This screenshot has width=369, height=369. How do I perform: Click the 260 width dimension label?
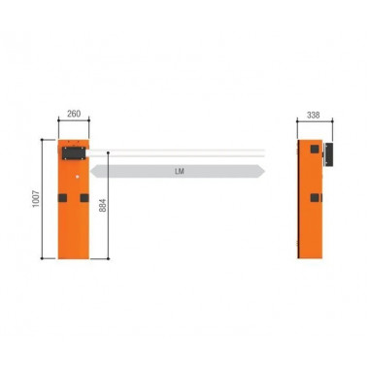pyautogui.click(x=73, y=115)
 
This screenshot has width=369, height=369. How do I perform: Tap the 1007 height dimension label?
pyautogui.click(x=36, y=198)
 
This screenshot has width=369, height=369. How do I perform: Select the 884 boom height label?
pyautogui.click(x=102, y=206)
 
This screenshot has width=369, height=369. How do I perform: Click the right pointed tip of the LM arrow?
pyautogui.click(x=263, y=171)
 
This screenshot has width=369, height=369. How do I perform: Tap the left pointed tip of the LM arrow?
pyautogui.click(x=92, y=171)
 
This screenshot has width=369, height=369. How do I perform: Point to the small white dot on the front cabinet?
pyautogui.click(x=74, y=176)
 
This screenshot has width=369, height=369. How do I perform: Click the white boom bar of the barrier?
pyautogui.click(x=184, y=151)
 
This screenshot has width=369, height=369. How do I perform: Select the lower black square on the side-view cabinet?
pyautogui.click(x=314, y=197)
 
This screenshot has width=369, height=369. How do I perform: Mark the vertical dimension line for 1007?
pyautogui.click(x=44, y=198)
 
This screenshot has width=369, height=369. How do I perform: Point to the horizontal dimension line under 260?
pyautogui.click(x=74, y=123)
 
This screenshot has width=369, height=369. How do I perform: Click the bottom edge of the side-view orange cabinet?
pyautogui.click(x=310, y=259)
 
